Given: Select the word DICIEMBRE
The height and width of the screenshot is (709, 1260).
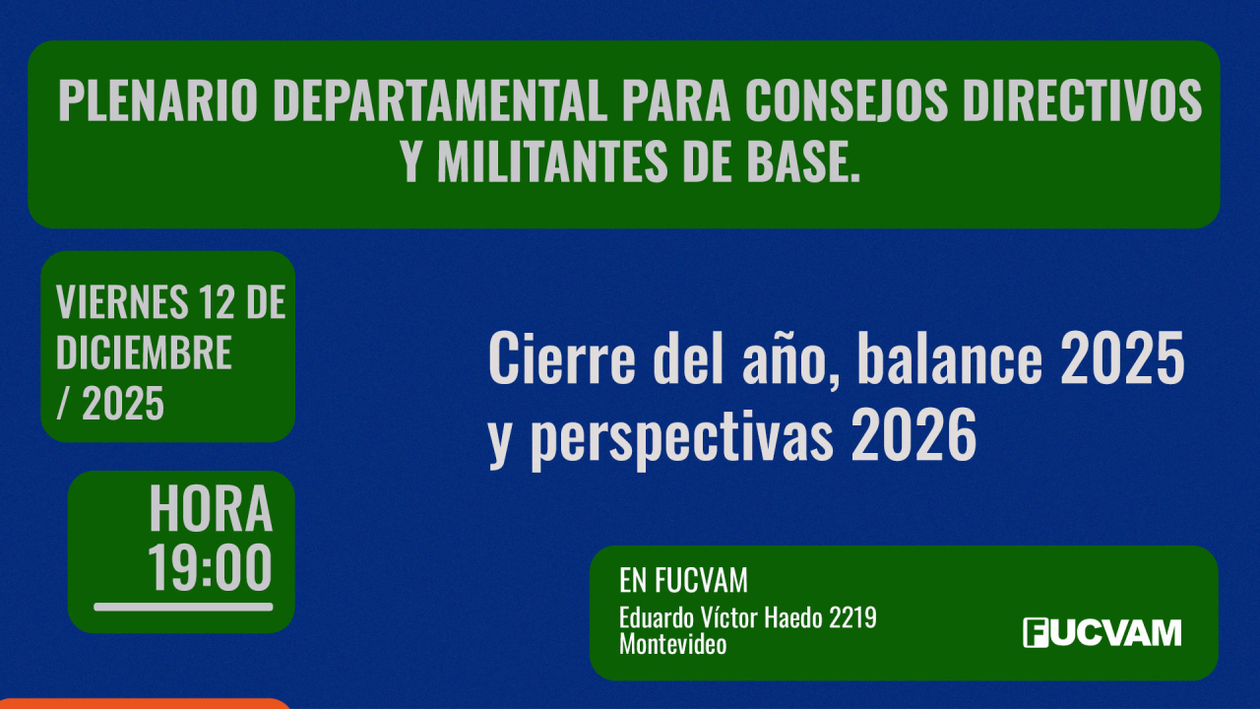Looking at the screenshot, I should click(144, 353).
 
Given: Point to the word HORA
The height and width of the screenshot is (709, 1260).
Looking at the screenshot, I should click(211, 509).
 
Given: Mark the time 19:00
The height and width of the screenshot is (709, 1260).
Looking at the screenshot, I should click(211, 568).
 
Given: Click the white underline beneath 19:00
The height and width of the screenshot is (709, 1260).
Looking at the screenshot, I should click(183, 607).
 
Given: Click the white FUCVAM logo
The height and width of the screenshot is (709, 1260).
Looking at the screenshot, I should click(1102, 632).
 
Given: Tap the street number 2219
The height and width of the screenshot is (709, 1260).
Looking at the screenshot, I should click(852, 618).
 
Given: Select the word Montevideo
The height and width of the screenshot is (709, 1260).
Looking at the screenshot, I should click(673, 645).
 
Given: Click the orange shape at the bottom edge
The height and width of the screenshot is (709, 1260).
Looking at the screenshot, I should click(148, 703).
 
